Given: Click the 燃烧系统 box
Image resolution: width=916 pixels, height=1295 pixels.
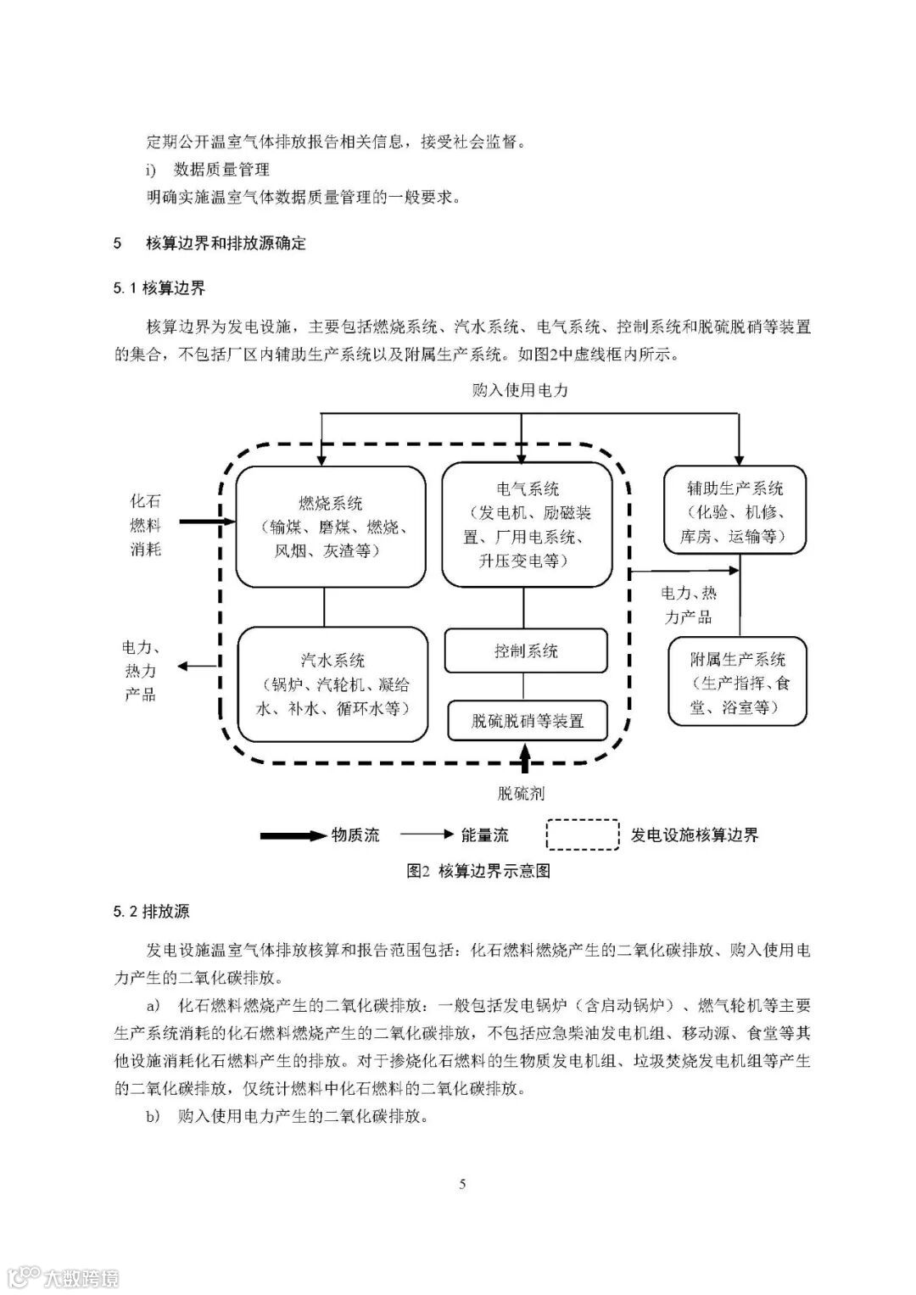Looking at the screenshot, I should (x=330, y=527).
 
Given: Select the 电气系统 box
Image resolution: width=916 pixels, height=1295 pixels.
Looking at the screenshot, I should (x=527, y=524).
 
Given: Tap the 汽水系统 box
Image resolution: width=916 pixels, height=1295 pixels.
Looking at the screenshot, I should (x=332, y=684).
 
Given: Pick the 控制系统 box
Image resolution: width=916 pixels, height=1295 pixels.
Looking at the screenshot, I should (x=526, y=651).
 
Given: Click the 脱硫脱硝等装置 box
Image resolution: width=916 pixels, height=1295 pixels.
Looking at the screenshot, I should (x=528, y=721).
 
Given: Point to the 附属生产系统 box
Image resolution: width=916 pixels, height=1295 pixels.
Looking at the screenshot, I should (x=736, y=682).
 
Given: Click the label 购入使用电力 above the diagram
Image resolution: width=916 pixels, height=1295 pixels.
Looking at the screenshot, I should (x=520, y=390).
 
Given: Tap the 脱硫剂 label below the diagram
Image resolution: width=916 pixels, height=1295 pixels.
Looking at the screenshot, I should (x=520, y=794).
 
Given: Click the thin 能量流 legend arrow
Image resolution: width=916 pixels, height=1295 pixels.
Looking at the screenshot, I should (x=427, y=834).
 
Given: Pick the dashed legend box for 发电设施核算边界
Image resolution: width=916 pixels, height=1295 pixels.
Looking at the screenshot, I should (x=582, y=834).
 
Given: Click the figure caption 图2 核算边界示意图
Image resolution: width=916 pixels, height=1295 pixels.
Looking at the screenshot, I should (x=478, y=871).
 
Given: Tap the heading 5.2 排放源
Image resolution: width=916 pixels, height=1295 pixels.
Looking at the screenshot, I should (x=152, y=912).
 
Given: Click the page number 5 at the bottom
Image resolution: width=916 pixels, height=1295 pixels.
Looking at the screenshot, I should (x=462, y=1184).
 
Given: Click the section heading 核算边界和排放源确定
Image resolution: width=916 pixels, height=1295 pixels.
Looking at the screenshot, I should (x=226, y=243).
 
